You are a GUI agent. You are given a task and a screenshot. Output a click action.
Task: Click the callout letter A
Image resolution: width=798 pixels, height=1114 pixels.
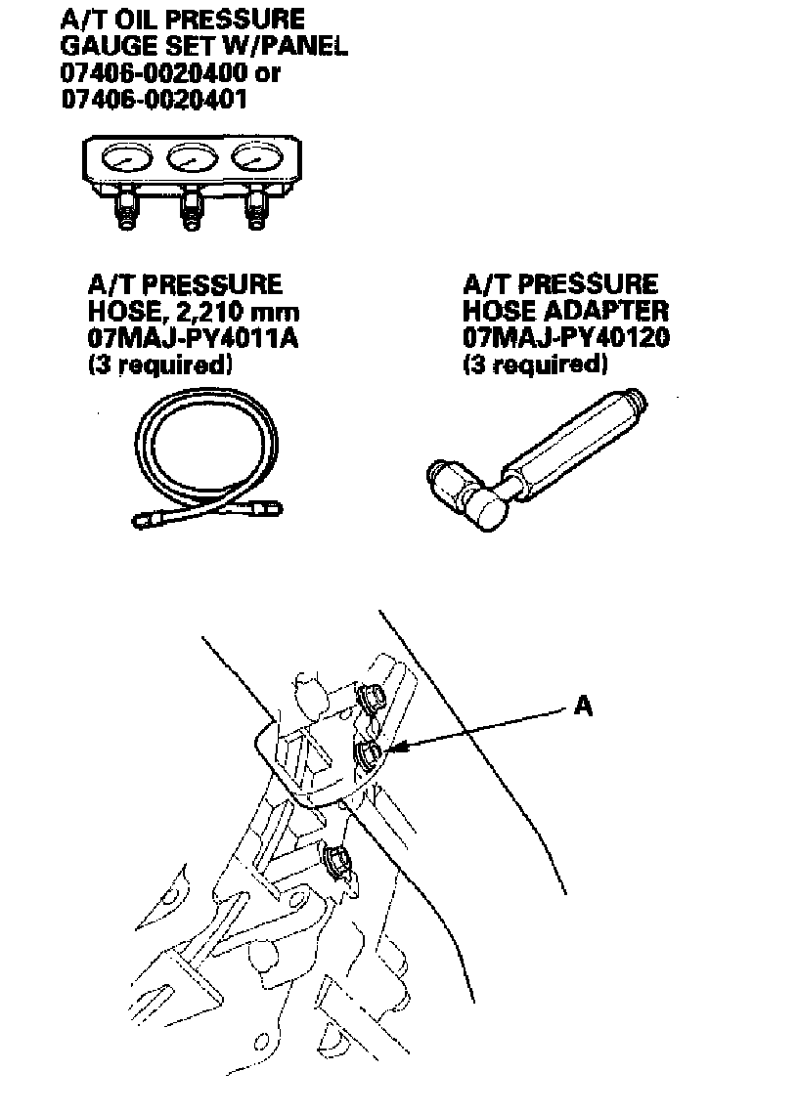click(x=583, y=706)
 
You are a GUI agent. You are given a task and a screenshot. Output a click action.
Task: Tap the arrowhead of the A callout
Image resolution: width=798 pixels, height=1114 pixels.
click(x=393, y=750)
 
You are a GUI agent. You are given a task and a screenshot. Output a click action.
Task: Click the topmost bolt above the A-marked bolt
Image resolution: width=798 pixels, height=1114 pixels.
click(x=373, y=699)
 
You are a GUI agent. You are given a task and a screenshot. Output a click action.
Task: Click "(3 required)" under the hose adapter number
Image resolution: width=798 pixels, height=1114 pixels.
click(x=535, y=364)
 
